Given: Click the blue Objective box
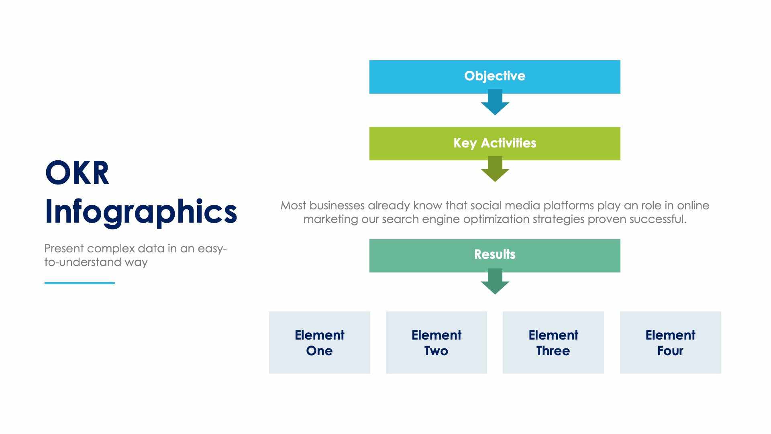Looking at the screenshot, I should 495,76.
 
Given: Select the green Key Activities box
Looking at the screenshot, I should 495,143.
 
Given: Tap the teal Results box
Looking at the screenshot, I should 495,255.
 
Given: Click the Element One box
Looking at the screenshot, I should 319,342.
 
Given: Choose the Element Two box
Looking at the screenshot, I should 436,342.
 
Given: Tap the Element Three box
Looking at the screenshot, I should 553,342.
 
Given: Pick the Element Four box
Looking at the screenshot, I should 670,342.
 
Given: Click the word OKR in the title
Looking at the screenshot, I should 77,173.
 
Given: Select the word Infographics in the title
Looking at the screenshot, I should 141,212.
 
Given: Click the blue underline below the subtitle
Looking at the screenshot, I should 80,283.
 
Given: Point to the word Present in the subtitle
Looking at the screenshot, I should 64,248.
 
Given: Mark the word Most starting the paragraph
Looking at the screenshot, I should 293,206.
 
